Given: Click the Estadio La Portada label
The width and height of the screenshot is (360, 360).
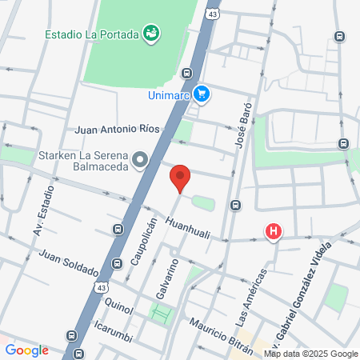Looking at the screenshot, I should click(91, 34).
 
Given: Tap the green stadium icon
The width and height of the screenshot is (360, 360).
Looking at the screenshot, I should click(150, 33).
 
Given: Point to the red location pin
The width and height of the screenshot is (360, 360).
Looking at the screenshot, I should click(180, 178).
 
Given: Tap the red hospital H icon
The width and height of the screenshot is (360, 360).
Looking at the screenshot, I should click(274, 233).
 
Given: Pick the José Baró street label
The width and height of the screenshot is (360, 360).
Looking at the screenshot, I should click(243, 124).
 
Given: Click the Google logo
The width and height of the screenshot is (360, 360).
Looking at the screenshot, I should click(26, 350).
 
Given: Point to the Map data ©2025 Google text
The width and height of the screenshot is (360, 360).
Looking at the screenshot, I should click(310, 354).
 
